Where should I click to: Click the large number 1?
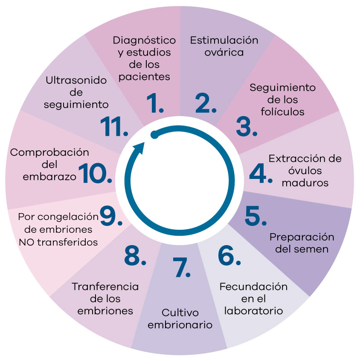click(x=154, y=103)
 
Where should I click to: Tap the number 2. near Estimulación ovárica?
click(x=206, y=103)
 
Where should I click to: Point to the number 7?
click(x=181, y=267)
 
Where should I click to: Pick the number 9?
click(x=109, y=215)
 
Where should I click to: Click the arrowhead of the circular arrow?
click(x=138, y=149)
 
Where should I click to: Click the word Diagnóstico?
click(x=144, y=41)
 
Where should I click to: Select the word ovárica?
click(x=224, y=53)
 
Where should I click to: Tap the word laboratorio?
click(x=253, y=310)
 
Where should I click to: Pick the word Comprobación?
click(x=49, y=152)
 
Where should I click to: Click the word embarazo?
click(x=41, y=176)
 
